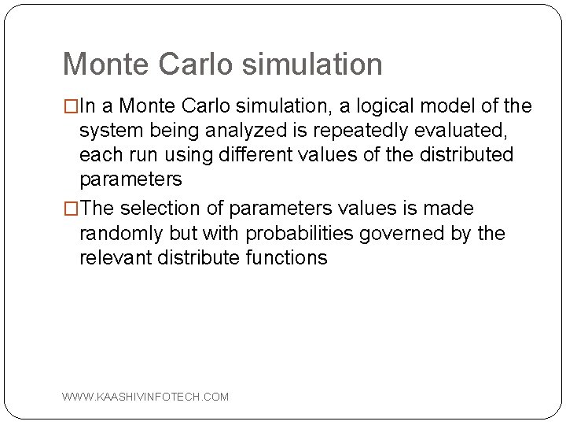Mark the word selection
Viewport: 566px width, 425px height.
175,208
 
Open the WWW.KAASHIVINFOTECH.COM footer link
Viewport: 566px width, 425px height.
145,397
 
